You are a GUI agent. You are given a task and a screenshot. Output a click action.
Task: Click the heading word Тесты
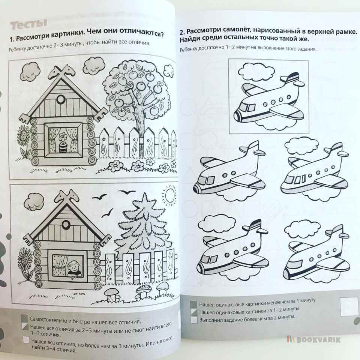(x=29, y=24)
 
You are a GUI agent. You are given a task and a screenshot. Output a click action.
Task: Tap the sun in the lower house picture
(x=170, y=195)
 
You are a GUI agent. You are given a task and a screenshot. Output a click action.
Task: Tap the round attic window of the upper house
(x=61, y=99)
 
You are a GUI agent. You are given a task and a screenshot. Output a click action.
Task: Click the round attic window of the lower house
(x=66, y=224)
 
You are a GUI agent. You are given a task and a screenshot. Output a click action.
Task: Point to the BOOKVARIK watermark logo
(x=314, y=340)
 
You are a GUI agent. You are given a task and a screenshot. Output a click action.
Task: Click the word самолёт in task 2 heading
(x=232, y=30)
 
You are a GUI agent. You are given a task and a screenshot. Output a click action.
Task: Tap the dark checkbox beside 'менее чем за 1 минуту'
(x=193, y=304)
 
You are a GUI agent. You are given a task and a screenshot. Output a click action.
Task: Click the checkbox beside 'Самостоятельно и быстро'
(x=24, y=318)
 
